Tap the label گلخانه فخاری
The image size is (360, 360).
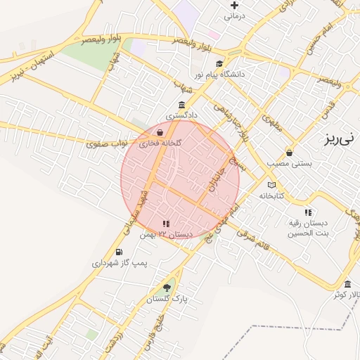pyautogui.click(x=160, y=143)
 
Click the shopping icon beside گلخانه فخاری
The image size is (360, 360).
pyautogui.click(x=160, y=131)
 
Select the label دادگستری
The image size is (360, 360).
pyautogui.click(x=182, y=113)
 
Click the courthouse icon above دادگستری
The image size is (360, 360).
pyautogui.click(x=182, y=104)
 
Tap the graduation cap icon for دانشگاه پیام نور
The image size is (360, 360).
pyautogui.click(x=219, y=64)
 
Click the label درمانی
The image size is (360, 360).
pyautogui.click(x=233, y=15)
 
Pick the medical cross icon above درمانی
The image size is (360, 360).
pyautogui.click(x=234, y=6)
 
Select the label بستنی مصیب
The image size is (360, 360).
pyautogui.click(x=289, y=163)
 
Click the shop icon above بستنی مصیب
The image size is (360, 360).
pyautogui.click(x=289, y=153)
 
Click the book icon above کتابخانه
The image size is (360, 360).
pyautogui.click(x=271, y=186)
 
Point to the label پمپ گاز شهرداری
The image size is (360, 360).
pyautogui.click(x=120, y=263)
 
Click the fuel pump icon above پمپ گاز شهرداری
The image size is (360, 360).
pyautogui.click(x=119, y=252)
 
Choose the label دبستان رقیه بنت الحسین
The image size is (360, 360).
pyautogui.click(x=308, y=227)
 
